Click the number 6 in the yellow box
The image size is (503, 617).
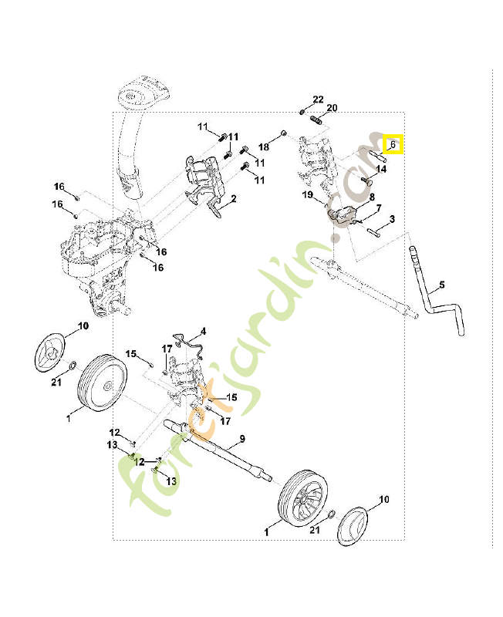393,143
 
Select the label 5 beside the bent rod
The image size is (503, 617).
441,286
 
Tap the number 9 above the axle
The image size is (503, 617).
241,439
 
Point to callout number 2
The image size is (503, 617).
233,199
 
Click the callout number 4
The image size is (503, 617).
204,332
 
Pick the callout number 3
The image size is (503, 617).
392,220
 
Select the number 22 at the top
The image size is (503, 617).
319,100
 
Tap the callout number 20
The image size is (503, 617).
333,108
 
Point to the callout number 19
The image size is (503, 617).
307,197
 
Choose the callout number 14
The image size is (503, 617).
381,168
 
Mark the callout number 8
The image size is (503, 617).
372,197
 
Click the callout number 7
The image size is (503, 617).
379,208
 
